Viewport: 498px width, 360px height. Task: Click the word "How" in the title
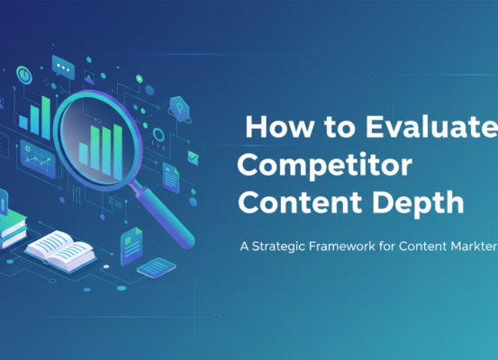(272, 127)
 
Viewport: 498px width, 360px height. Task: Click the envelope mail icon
(193, 157)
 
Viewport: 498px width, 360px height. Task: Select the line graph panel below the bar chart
(39, 162)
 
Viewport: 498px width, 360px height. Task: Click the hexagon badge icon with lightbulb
(178, 108)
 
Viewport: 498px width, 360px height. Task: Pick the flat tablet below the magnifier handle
(155, 267)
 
